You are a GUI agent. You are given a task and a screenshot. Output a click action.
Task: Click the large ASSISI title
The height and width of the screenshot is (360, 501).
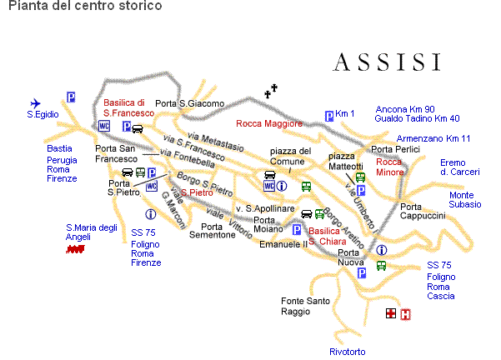coord(386,62)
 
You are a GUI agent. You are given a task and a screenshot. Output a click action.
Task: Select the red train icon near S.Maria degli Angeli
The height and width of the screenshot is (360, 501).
coord(77,248)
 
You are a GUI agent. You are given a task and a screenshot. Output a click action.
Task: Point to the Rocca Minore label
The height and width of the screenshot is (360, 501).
coord(389,167)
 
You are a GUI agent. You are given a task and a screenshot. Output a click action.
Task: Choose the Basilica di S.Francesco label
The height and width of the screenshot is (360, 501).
coord(128,107)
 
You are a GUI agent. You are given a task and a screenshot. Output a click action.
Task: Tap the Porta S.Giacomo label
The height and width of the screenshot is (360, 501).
coord(190,103)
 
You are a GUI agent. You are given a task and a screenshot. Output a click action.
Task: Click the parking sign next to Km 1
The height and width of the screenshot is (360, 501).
coord(329,116)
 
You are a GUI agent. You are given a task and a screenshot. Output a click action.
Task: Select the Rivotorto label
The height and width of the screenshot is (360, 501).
coord(347,352)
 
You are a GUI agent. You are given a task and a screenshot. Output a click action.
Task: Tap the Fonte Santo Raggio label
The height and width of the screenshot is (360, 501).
coord(305,306)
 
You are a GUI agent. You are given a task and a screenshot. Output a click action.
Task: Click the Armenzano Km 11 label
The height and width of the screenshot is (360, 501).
coord(433,137)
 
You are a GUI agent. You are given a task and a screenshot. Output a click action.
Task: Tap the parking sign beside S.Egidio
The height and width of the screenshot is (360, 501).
coord(72,97)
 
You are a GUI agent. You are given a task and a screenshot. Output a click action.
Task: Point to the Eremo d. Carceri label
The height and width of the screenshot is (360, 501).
coord(460,167)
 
